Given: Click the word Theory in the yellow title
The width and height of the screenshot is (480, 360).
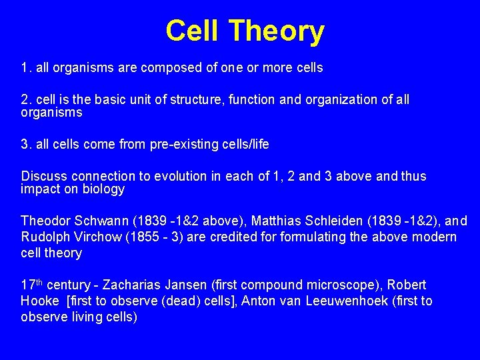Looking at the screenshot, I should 277,31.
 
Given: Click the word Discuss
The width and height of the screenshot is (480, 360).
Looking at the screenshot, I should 44,176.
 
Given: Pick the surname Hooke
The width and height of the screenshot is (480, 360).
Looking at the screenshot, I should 39,301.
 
